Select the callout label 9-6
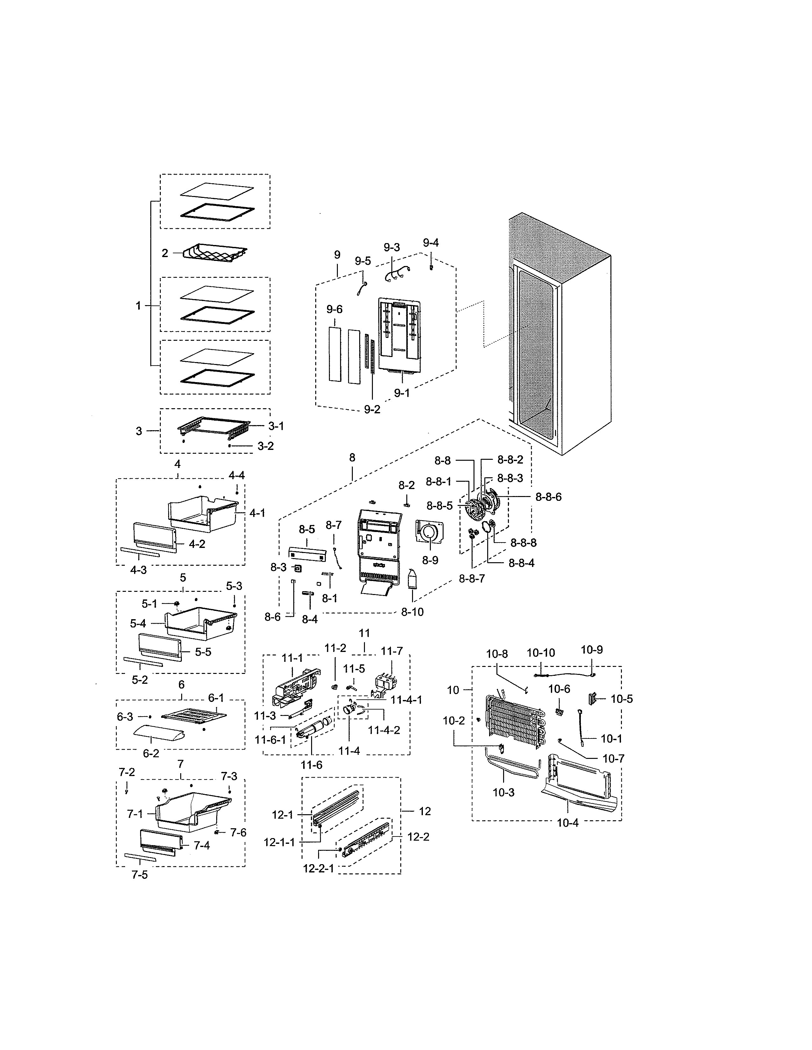click(x=334, y=310)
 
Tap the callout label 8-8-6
click(x=548, y=497)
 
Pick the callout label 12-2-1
click(x=318, y=869)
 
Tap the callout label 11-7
click(x=392, y=651)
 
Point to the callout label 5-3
click(x=234, y=586)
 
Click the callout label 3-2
click(x=266, y=446)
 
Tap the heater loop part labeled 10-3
click(x=505, y=764)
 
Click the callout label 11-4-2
click(x=384, y=730)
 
